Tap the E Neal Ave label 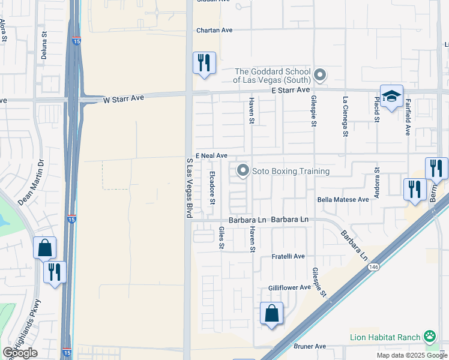pyautogui.click(x=211, y=155)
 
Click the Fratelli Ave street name pyautogui.click(x=289, y=256)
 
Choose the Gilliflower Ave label pyautogui.click(x=289, y=287)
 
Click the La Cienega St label pyautogui.click(x=345, y=116)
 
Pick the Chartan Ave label pyautogui.click(x=214, y=30)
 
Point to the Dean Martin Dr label pyautogui.click(x=32, y=182)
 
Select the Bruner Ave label pyautogui.click(x=310, y=346)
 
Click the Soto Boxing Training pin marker pyautogui.click(x=243, y=171)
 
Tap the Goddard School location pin pyautogui.click(x=321, y=76)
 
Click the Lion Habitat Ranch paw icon pyautogui.click(x=430, y=336)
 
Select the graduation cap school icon pyautogui.click(x=391, y=96)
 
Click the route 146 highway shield pyautogui.click(x=374, y=266)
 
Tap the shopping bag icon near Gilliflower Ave pyautogui.click(x=271, y=313)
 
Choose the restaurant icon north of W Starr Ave pyautogui.click(x=204, y=62)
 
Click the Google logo pyautogui.click(x=20, y=353)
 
